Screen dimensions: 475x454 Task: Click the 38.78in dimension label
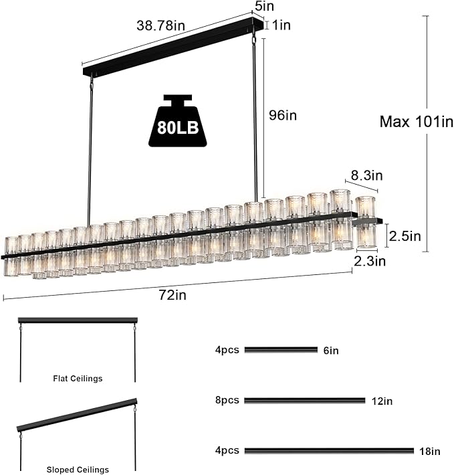coord(161,25)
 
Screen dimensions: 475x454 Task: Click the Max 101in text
coord(416,122)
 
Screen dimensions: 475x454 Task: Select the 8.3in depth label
coord(367,176)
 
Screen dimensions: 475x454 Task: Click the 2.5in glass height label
coord(406,235)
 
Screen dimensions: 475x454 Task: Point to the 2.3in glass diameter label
coord(370,261)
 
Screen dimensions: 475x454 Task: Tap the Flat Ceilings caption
coord(78,379)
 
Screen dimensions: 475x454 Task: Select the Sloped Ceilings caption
coord(78,470)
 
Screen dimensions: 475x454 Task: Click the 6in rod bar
coord(281,349)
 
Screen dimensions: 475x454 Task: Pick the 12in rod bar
coord(304,400)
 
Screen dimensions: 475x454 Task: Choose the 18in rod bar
coord(329,451)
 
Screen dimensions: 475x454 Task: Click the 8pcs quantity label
coord(227,400)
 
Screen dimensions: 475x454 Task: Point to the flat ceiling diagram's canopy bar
coord(78,320)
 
